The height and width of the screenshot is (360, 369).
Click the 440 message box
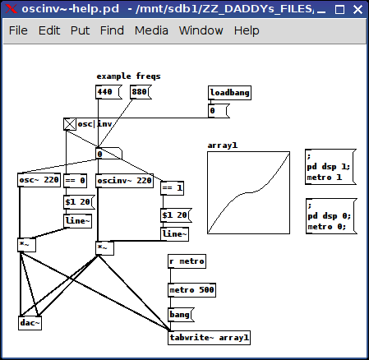(108, 92)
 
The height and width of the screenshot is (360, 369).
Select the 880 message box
(141, 92)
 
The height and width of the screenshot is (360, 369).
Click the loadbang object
(229, 93)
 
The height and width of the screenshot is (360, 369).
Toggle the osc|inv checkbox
(70, 124)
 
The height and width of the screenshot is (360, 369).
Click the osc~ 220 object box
(39, 180)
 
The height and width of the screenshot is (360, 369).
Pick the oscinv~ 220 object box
(124, 181)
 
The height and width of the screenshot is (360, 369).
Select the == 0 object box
(75, 181)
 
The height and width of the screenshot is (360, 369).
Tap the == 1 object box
(172, 188)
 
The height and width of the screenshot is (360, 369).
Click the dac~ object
(30, 323)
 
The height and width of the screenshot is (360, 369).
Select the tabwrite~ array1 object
(209, 338)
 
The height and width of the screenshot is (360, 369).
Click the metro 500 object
(191, 290)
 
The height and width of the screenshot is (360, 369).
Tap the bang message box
(181, 315)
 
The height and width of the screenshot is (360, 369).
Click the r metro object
(187, 261)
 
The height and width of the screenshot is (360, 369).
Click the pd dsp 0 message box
(331, 216)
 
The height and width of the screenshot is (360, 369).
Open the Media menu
(151, 30)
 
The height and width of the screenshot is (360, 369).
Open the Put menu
(80, 30)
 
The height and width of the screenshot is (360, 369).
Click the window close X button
(357, 10)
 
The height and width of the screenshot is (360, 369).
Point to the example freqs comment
(128, 76)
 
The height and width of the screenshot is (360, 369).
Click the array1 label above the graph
(223, 145)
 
